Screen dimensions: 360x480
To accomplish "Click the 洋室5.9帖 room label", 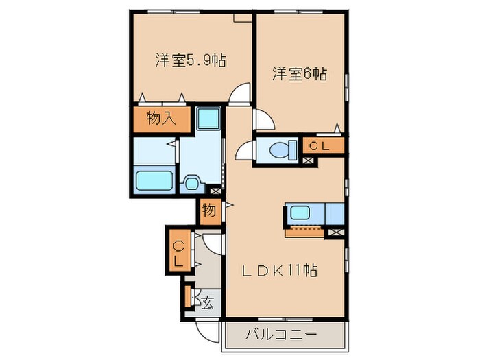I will tap(191, 60).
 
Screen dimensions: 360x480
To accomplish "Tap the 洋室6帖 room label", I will tap(299, 73).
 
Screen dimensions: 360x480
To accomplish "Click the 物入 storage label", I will tap(161, 118).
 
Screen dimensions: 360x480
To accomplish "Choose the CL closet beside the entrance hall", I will tap(178, 254).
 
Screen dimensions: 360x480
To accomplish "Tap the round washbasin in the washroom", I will tap(191, 183).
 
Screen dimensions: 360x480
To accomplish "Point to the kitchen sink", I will tap(300, 213).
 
